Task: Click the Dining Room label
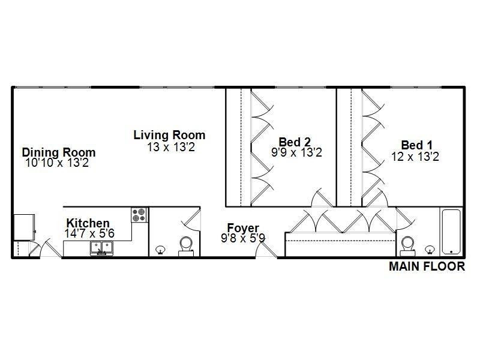59,152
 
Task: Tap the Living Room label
169,135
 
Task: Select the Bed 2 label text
295,142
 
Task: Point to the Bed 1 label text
416,145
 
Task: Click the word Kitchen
88,223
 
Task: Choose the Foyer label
243,228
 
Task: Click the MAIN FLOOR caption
427,267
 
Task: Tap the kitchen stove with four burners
139,215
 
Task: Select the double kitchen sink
101,247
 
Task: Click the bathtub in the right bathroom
450,232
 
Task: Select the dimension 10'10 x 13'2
57,163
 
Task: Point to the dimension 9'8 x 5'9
243,238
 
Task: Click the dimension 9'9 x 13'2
296,153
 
